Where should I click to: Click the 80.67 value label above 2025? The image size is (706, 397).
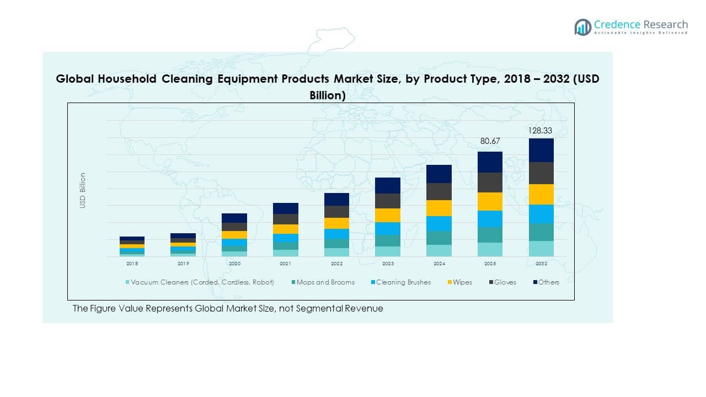pos(490,141)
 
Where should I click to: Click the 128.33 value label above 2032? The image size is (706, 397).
pos(541,131)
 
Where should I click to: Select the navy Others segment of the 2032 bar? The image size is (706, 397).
pos(541,150)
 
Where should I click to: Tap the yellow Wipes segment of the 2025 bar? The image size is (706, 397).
pos(490,201)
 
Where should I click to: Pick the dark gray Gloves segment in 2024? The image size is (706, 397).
pos(439,191)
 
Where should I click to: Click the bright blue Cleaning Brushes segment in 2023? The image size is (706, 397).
pos(388,228)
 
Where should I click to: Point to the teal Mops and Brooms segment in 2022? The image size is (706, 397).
pos(336,243)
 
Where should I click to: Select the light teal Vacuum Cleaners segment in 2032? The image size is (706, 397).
pos(541,249)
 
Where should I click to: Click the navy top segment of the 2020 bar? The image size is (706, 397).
pos(234,218)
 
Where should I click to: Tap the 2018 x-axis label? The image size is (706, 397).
pos(132,264)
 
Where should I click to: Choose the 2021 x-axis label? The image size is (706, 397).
pos(285,264)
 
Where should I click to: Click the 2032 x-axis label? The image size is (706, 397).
pos(541,264)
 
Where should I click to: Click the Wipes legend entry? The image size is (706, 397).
pos(462,282)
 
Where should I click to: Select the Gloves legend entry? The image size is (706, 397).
pos(505,282)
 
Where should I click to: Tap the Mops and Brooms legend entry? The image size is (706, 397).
pos(325,282)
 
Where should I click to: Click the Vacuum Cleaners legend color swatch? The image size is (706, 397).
pos(128,282)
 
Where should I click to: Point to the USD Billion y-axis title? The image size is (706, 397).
pos(83,190)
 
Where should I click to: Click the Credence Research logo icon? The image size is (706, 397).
pos(582,26)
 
